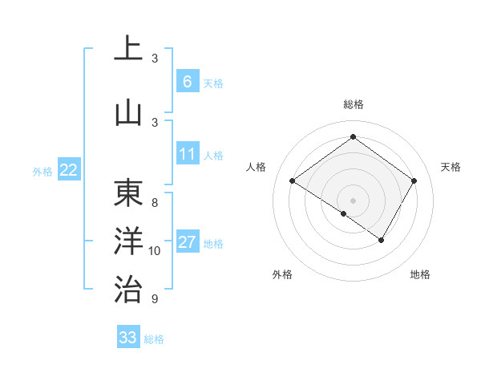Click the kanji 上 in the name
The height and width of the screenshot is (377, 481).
128,50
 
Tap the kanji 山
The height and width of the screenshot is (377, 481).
128,113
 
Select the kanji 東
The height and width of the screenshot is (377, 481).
128,193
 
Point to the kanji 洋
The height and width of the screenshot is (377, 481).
128,241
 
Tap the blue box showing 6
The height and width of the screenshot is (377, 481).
187,81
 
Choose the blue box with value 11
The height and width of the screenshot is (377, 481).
187,154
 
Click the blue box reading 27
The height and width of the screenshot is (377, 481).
187,242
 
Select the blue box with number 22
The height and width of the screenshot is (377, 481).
69,169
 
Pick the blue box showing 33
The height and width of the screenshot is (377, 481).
127,338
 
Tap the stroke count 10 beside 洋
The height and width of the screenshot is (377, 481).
155,251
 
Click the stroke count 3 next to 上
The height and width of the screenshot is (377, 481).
155,59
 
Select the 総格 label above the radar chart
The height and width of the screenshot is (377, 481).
353,105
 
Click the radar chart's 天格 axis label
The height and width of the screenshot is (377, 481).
451,167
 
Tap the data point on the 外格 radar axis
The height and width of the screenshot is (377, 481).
344,213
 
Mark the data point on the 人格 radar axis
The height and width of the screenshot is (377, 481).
293,181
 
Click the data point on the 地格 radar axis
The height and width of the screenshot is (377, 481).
382,240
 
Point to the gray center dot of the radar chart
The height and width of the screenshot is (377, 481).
353,200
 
